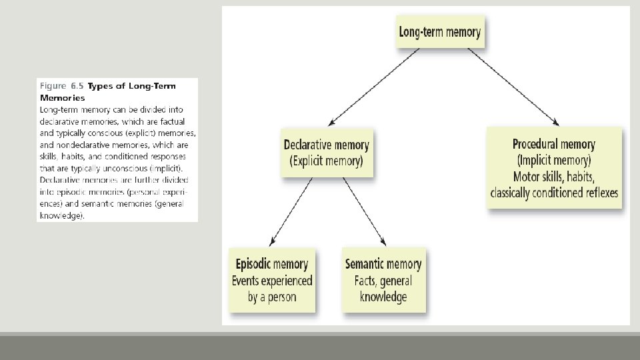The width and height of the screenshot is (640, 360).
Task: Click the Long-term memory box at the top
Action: (x=439, y=32)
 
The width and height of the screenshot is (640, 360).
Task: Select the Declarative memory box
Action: (x=326, y=153)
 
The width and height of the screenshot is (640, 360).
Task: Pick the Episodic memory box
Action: (x=271, y=280)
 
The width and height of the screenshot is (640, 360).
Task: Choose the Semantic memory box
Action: (x=383, y=280)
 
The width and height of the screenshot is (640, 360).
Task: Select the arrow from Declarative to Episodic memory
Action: (x=291, y=211)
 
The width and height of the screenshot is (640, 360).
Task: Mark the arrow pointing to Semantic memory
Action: (x=365, y=211)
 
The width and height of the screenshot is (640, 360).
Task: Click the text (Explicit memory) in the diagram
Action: (x=326, y=161)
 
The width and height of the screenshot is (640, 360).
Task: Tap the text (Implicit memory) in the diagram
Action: (x=554, y=161)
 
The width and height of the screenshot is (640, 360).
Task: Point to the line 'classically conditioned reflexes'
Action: (x=554, y=193)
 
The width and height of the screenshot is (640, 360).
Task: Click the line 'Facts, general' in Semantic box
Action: (x=383, y=281)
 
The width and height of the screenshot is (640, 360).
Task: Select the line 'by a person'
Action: (x=271, y=297)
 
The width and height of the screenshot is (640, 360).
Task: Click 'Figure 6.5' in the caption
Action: (x=62, y=86)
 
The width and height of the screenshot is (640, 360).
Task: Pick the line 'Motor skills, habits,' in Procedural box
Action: (x=554, y=177)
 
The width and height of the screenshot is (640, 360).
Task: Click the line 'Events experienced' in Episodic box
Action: (x=271, y=281)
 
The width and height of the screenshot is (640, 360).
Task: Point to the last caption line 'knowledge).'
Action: (x=62, y=216)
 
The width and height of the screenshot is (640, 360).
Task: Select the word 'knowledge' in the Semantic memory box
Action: (x=383, y=297)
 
